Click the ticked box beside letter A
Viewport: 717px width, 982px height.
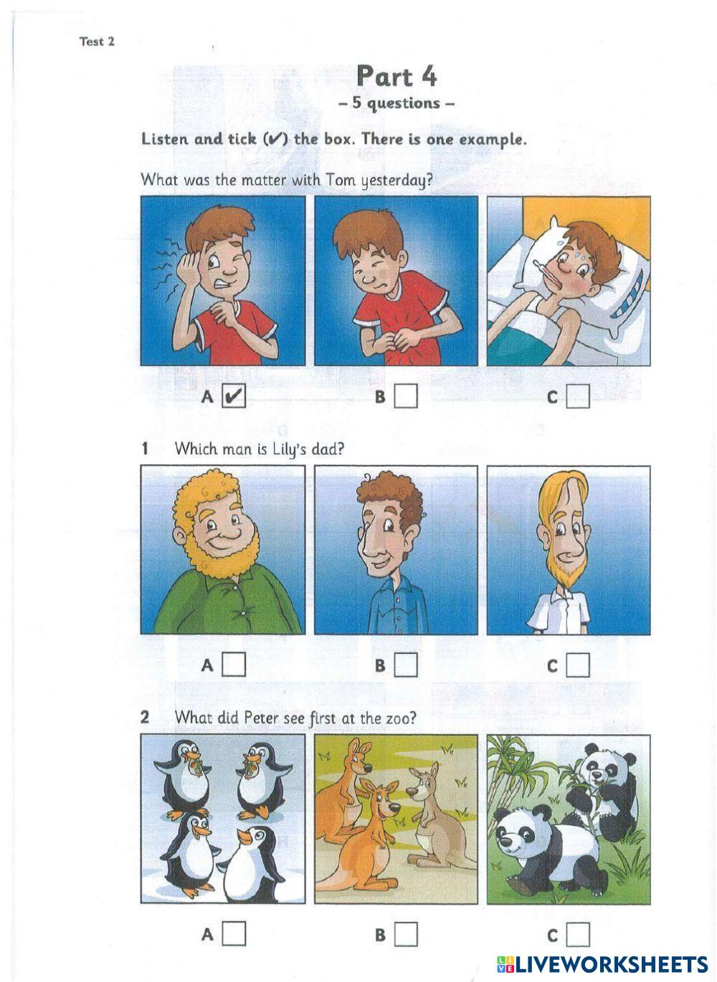point(234,396)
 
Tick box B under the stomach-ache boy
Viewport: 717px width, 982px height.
point(405,396)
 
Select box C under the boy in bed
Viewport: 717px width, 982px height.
point(577,396)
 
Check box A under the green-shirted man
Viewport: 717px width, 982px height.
point(234,665)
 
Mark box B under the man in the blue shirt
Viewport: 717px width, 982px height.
point(405,665)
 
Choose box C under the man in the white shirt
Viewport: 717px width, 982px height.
point(577,665)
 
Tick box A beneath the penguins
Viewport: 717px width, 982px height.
point(234,934)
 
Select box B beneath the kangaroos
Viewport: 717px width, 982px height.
point(405,934)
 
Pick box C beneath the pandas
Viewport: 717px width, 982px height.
point(577,934)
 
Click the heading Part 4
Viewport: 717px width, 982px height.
point(397,77)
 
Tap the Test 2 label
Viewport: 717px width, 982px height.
point(97,42)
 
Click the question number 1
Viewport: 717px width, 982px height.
point(146,448)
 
